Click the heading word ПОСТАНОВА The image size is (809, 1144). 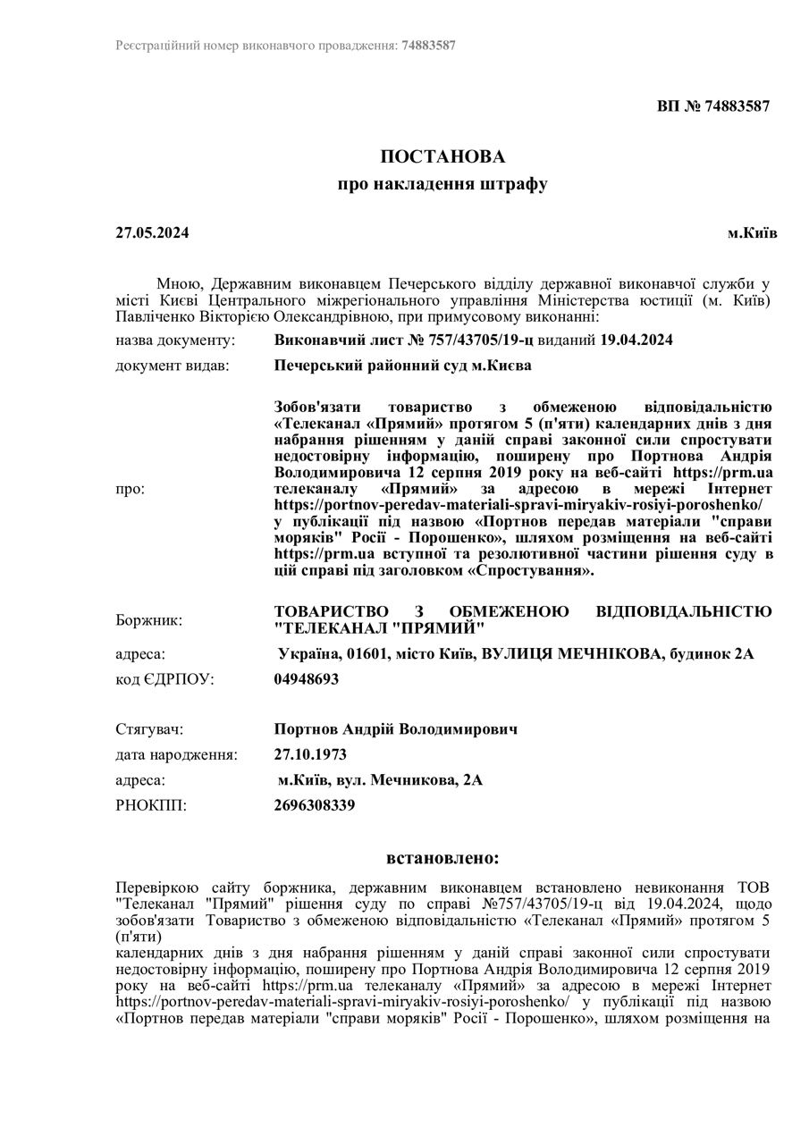click(x=442, y=157)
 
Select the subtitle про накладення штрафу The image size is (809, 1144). click(x=442, y=185)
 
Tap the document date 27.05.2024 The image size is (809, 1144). click(x=152, y=233)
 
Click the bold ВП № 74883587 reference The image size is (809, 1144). click(x=713, y=105)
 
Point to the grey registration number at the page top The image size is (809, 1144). click(x=428, y=45)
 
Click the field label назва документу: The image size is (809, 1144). click(x=175, y=341)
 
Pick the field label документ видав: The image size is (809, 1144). click(x=172, y=366)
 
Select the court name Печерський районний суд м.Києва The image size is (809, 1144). click(x=402, y=366)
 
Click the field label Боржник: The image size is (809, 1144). click(x=149, y=619)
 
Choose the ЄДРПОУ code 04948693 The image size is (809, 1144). click(x=307, y=679)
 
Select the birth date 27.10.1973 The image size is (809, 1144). click(x=310, y=755)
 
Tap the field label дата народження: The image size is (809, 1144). click(x=176, y=755)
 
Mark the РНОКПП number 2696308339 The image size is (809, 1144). click(x=315, y=805)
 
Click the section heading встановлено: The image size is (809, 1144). click(x=442, y=859)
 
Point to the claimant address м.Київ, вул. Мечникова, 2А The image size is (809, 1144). click(x=380, y=780)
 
